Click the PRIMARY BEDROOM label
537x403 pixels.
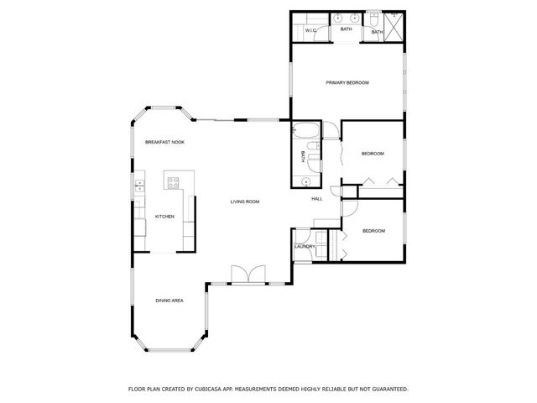click(x=347, y=82)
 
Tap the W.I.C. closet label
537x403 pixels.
click(x=310, y=32)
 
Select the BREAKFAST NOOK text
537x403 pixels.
click(x=164, y=142)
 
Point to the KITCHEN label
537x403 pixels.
click(x=164, y=217)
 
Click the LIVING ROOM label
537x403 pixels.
click(x=245, y=201)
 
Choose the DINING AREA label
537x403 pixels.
click(x=169, y=300)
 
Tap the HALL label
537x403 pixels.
click(x=317, y=199)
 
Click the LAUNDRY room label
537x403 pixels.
click(x=305, y=246)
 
